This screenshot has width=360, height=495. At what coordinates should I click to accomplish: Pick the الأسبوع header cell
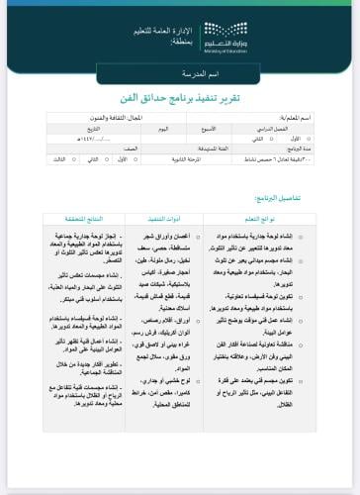tap(209, 129)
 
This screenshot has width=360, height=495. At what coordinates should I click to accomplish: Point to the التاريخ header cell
tap(93, 129)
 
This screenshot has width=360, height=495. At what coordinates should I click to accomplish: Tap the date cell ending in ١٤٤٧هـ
tap(93, 138)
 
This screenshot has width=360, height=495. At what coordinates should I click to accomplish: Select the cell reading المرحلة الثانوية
tap(189, 156)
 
